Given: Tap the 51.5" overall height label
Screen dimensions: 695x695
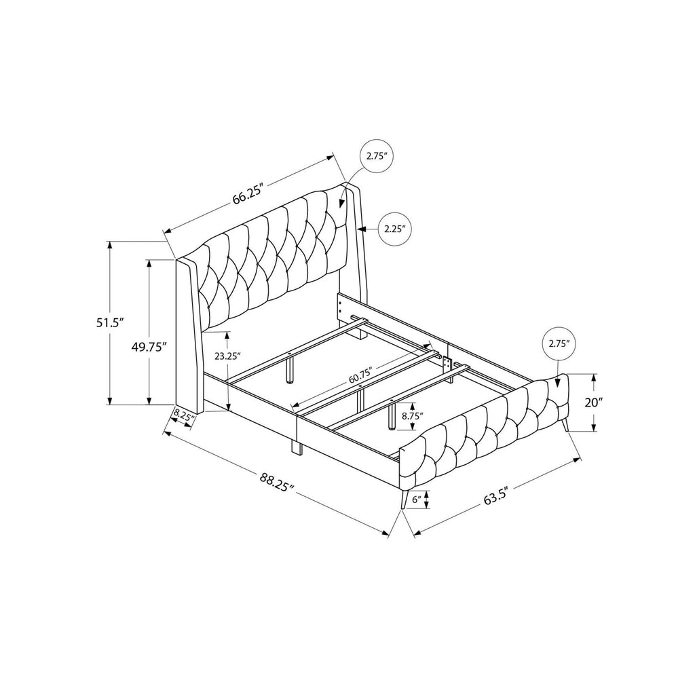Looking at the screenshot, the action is point(109,322).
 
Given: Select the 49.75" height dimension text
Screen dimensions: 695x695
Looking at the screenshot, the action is point(149,347).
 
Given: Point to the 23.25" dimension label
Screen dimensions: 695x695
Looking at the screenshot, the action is point(227,356).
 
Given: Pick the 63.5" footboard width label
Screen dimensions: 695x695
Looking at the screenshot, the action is point(495,494).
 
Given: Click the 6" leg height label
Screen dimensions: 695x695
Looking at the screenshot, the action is point(416,500).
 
